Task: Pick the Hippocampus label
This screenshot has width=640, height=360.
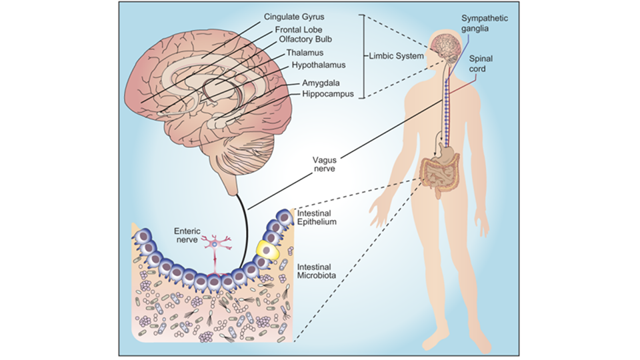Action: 321,95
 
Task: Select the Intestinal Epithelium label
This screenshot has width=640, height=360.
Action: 317,217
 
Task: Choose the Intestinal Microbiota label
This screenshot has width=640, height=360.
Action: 317,271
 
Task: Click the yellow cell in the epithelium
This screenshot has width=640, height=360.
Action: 267,249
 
